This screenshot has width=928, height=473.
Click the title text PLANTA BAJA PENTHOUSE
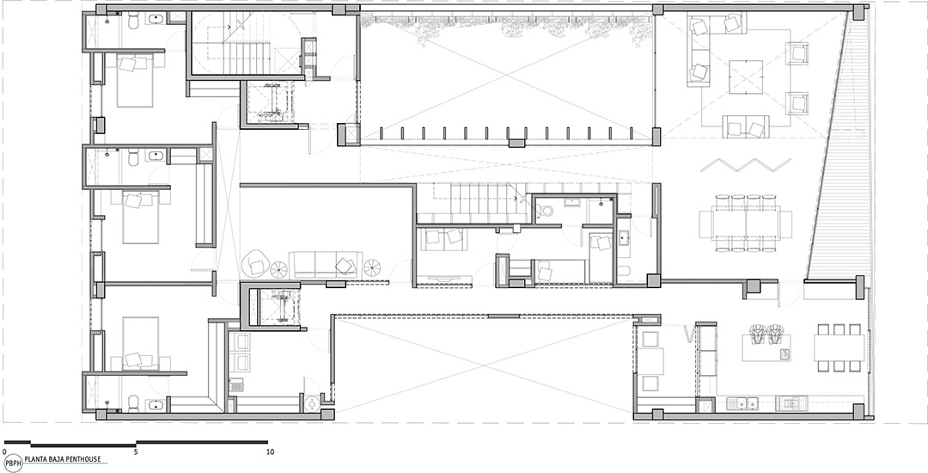click(66, 458)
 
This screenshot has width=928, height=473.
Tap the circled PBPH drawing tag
click(12, 464)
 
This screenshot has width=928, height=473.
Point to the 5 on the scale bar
click(136, 451)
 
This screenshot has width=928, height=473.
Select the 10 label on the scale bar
click(271, 451)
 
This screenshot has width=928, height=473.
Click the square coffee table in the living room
click(745, 77)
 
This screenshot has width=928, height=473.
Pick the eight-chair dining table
click(746, 224)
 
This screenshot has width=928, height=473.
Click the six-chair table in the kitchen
click(839, 347)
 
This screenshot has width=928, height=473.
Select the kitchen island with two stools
click(766, 347)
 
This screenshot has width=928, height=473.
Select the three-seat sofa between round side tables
click(324, 264)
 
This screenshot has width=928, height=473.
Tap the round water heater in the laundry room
click(311, 404)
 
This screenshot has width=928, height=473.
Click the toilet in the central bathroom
click(546, 210)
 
